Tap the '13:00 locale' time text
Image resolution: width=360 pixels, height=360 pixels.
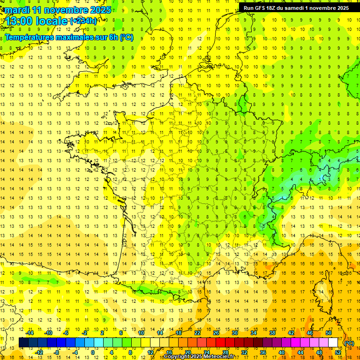(x=36, y=21)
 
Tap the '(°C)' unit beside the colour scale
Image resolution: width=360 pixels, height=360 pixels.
(x=349, y=343)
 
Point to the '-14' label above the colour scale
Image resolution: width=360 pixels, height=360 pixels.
(x=30, y=333)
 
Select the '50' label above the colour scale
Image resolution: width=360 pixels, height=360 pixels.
(x=329, y=333)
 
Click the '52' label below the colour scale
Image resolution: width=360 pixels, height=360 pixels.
(x=338, y=352)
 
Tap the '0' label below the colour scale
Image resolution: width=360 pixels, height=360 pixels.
(x=93, y=352)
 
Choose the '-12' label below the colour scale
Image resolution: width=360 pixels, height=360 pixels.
(x=39, y=352)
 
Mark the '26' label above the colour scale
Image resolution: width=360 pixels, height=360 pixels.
(x=216, y=333)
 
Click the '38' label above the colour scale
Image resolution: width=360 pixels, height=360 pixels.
(x=272, y=333)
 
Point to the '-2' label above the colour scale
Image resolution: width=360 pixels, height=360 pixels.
(x=85, y=333)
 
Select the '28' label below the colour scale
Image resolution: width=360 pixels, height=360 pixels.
(x=225, y=352)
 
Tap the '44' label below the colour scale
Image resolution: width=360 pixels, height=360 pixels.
(x=300, y=352)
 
